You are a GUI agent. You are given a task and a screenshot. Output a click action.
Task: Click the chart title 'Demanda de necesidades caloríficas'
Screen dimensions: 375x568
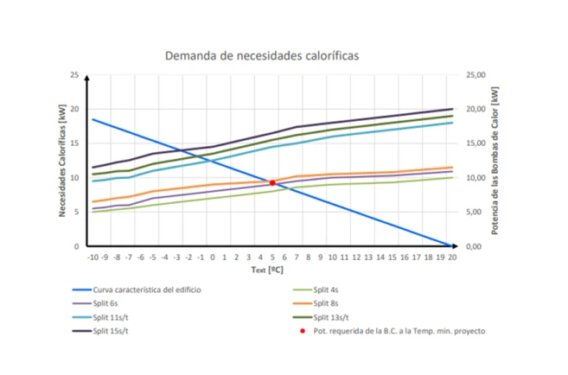coord(261,55)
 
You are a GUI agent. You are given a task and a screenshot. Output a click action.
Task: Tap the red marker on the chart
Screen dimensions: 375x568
coord(272,183)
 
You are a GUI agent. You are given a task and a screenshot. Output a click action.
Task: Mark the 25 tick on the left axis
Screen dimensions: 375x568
coord(75,75)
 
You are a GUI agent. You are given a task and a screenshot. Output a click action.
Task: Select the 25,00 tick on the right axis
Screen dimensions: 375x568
coord(476,75)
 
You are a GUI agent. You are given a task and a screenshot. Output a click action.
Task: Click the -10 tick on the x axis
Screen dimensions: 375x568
coord(93,257)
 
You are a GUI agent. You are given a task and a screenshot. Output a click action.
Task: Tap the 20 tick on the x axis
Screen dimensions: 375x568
coord(452,257)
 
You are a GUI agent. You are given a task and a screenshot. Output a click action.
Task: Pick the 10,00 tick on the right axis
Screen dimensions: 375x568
coord(476,178)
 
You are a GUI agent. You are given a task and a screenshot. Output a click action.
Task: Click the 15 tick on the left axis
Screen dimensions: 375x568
coord(75,143)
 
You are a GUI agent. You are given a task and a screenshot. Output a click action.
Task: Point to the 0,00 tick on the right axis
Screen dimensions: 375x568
coord(475,246)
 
